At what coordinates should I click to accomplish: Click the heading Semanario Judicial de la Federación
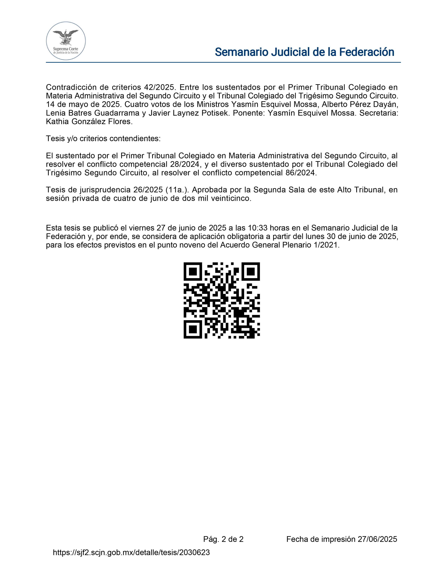304,52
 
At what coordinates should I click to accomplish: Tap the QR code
222,300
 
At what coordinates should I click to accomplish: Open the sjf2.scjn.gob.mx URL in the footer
131,552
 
